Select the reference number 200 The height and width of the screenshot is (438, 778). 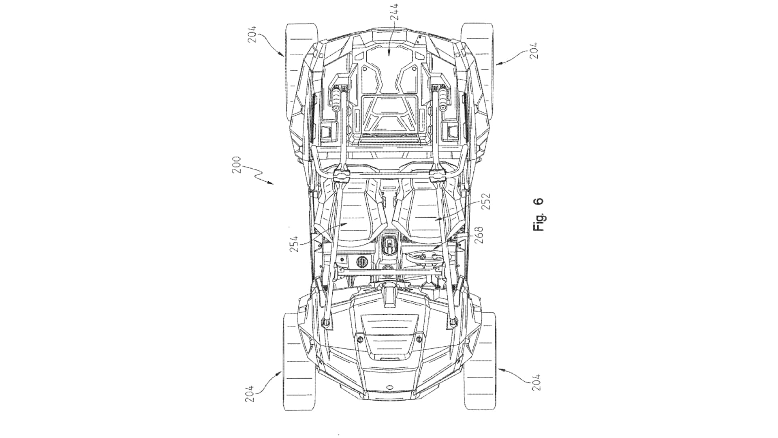tap(237, 165)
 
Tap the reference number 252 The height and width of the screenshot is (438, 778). tap(486, 201)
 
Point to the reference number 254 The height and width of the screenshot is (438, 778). tap(294, 244)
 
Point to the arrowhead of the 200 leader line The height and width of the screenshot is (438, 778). tap(272, 184)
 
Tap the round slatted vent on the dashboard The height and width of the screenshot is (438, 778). tap(361, 262)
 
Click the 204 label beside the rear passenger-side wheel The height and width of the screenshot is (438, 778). tap(251, 35)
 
